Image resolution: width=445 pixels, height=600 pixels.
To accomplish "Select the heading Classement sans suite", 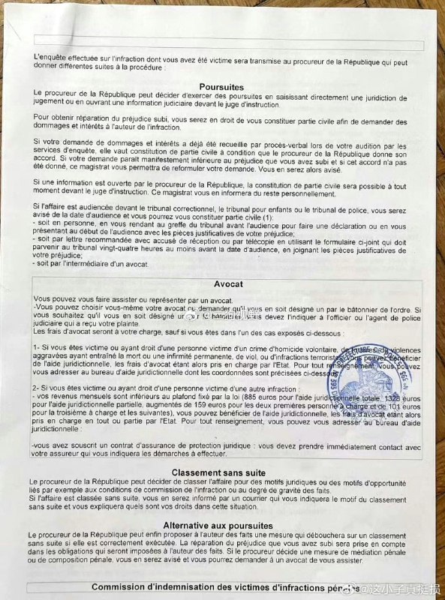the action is [218, 472].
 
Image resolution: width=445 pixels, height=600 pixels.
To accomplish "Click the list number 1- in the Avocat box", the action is [38, 348].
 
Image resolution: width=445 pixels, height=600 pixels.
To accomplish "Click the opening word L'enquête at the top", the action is [51, 57].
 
